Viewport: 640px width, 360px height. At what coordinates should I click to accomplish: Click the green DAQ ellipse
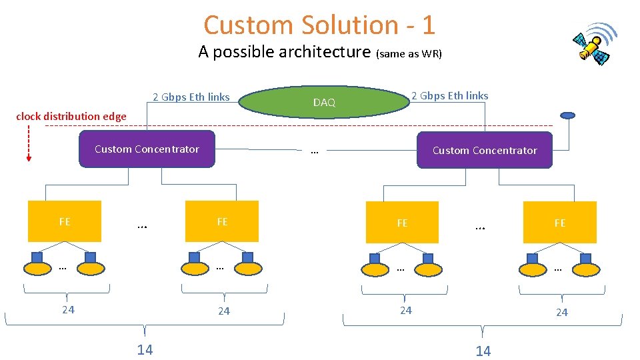(324, 102)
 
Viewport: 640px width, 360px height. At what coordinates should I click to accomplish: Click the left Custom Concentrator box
(147, 149)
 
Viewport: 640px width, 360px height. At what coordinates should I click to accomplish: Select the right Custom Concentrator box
(485, 150)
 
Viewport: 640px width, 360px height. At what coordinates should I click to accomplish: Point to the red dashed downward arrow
(29, 143)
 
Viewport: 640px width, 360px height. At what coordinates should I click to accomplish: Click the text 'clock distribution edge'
(71, 117)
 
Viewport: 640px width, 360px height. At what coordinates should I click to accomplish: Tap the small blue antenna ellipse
(567, 115)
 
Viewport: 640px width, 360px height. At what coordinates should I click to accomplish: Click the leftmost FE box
(65, 221)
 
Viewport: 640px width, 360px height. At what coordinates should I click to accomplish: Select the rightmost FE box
(560, 223)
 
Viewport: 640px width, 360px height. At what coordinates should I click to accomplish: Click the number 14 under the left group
(145, 350)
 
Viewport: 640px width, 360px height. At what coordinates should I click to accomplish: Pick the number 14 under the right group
(483, 351)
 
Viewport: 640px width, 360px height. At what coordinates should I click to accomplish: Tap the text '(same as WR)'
(409, 53)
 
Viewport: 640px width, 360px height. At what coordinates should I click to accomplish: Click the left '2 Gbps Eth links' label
(191, 97)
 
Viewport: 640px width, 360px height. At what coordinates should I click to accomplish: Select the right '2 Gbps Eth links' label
(449, 96)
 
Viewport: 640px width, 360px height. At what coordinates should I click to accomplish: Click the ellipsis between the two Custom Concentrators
(314, 151)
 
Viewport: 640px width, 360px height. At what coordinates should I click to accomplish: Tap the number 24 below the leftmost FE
(68, 309)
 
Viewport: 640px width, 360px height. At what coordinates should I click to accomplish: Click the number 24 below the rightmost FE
(562, 312)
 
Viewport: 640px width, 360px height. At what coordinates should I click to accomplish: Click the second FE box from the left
(222, 221)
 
